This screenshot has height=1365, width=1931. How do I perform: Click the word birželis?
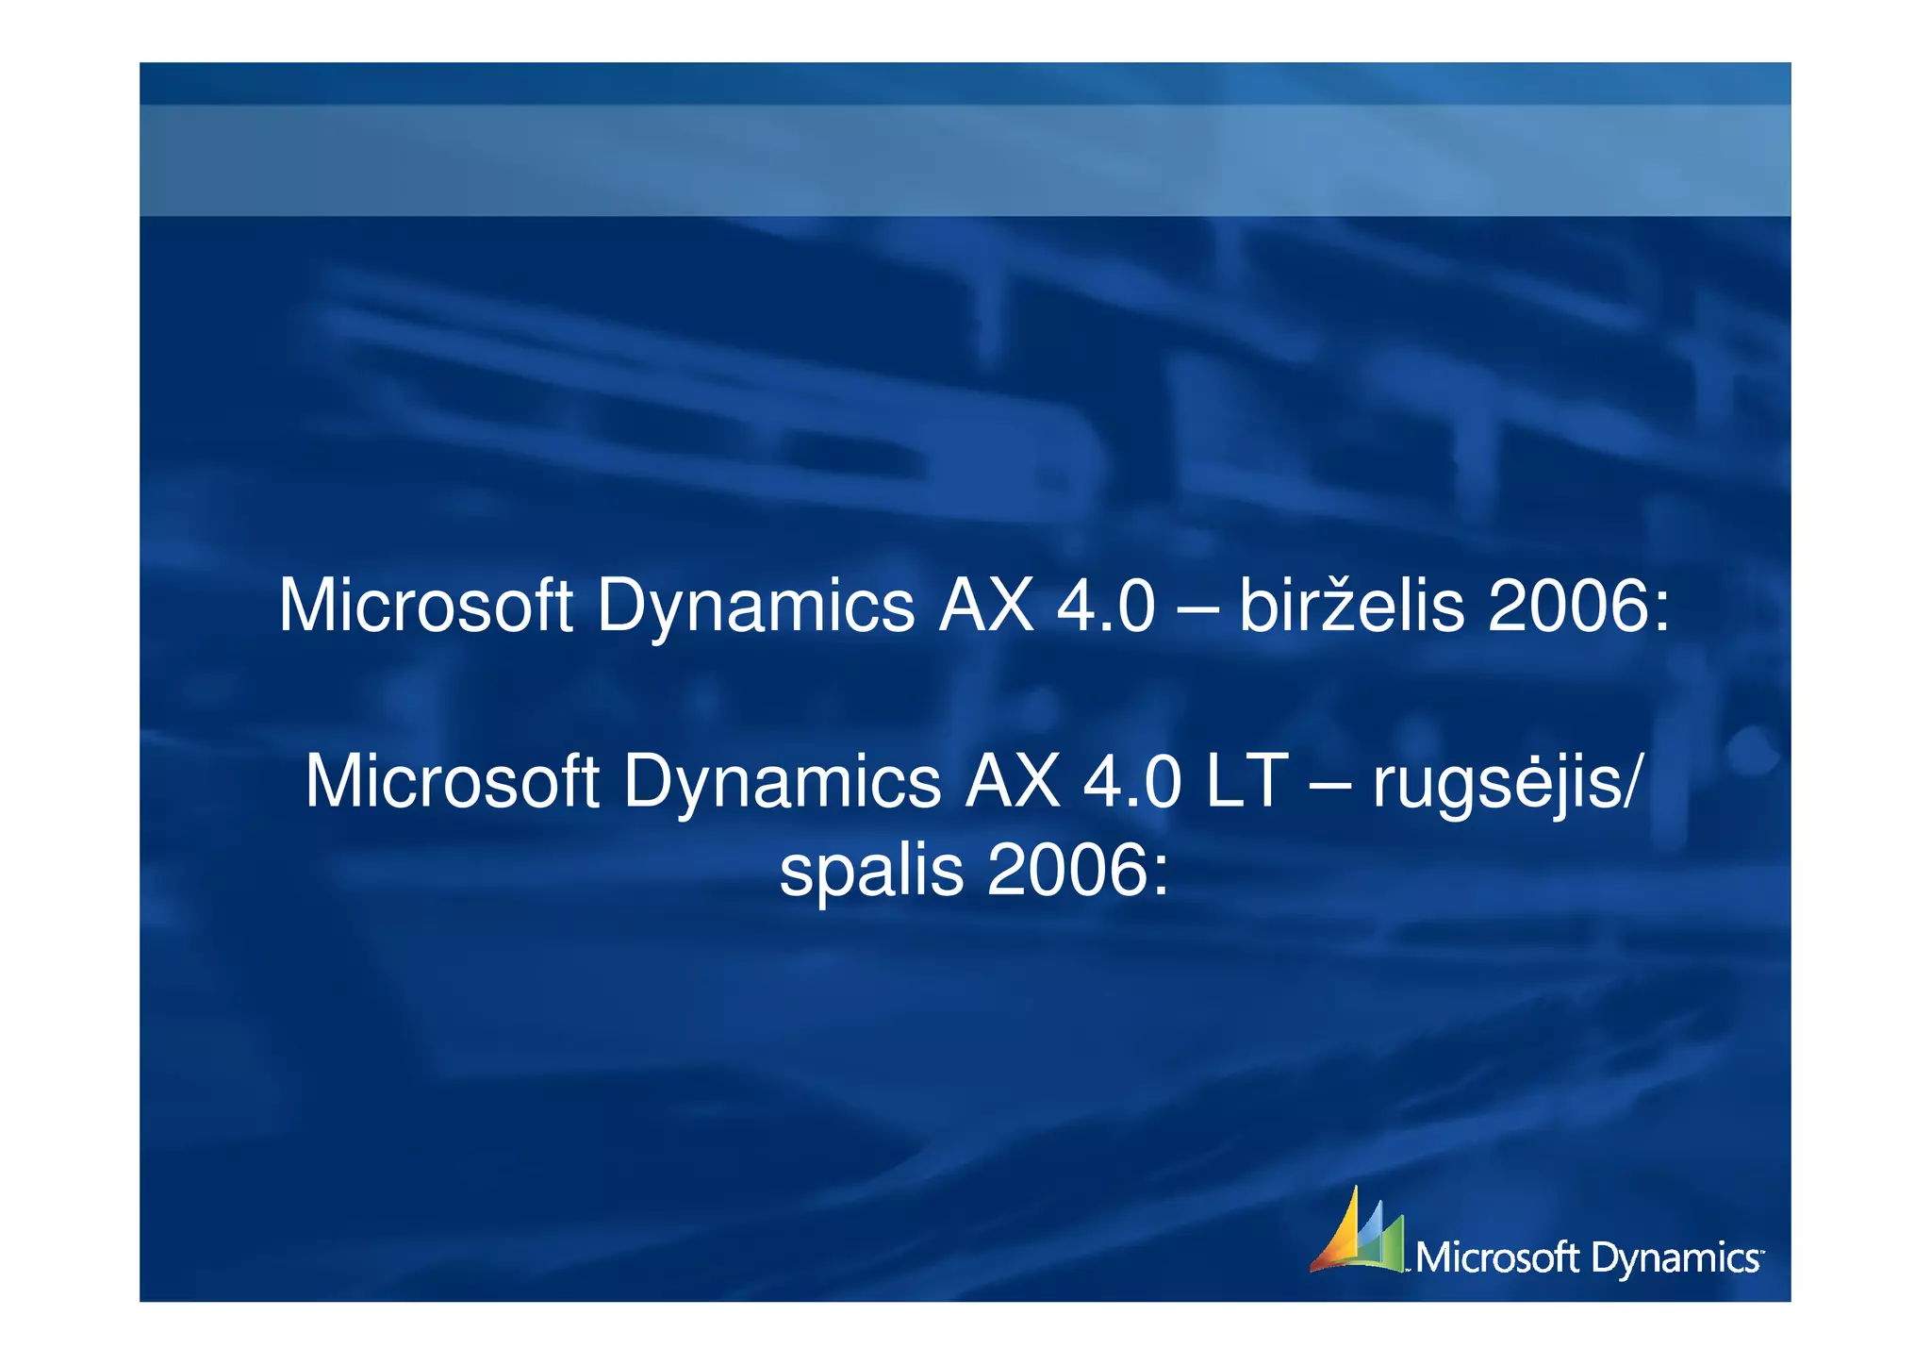point(1351,606)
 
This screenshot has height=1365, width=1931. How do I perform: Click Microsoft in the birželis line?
point(425,606)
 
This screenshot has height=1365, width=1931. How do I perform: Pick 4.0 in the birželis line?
point(1105,606)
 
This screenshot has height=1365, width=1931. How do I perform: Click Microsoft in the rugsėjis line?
point(452,782)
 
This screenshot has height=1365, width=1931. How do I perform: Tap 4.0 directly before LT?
point(1131,782)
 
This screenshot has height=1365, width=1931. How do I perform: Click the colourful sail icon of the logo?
point(1357,1232)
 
